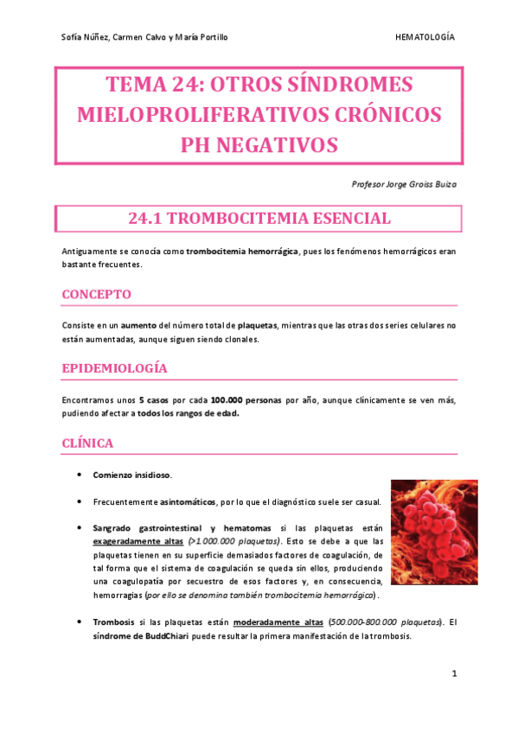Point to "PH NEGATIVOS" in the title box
click(x=259, y=143)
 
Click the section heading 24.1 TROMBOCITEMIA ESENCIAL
click(x=259, y=219)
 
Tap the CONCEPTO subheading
click(x=97, y=294)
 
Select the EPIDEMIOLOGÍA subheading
click(x=114, y=368)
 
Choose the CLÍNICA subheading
click(x=88, y=443)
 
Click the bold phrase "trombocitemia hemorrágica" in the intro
click(x=242, y=251)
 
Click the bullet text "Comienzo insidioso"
click(x=132, y=475)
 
